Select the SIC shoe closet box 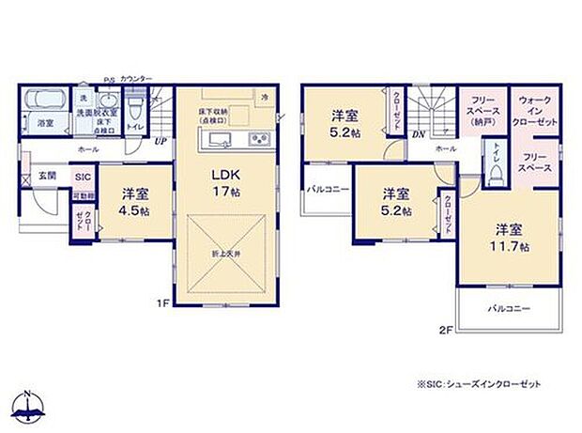click(82, 176)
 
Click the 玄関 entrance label click(47, 176)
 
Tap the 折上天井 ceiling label click(226, 254)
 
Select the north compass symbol click(31, 406)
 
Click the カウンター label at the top click(135, 79)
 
